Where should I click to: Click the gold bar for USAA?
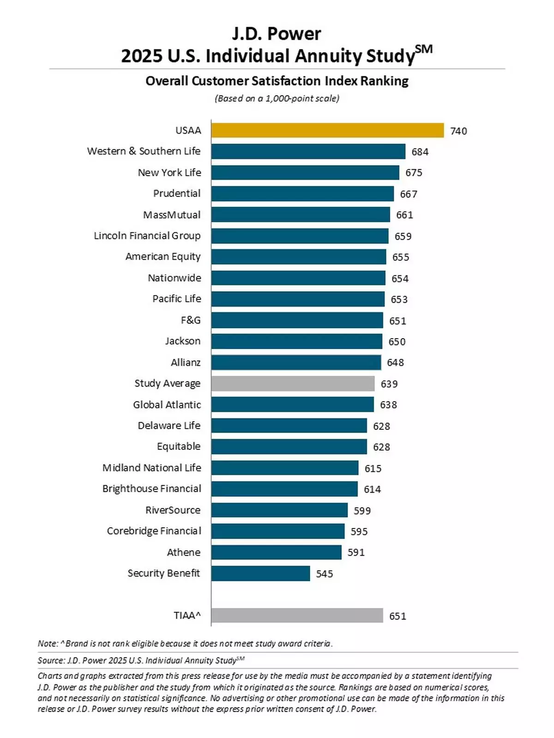click(x=327, y=131)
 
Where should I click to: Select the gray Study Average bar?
click(x=293, y=383)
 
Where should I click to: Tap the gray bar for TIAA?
click(x=297, y=615)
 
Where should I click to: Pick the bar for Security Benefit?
click(x=260, y=573)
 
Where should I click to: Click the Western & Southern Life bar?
click(x=308, y=151)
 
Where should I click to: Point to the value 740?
click(x=458, y=131)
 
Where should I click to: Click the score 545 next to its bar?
click(x=324, y=574)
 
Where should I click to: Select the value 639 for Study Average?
click(x=389, y=384)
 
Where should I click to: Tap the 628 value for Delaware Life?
click(x=381, y=426)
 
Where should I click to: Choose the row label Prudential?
click(x=177, y=193)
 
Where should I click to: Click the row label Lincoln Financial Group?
click(x=147, y=236)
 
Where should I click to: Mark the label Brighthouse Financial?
click(x=151, y=488)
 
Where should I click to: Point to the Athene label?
click(x=184, y=552)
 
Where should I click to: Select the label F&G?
click(x=191, y=320)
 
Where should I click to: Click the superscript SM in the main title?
click(x=424, y=49)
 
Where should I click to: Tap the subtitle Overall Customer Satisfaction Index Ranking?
click(x=277, y=81)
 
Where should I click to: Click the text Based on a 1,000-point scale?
click(x=277, y=98)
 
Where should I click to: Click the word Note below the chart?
click(x=48, y=643)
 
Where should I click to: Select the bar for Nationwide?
click(x=298, y=278)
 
